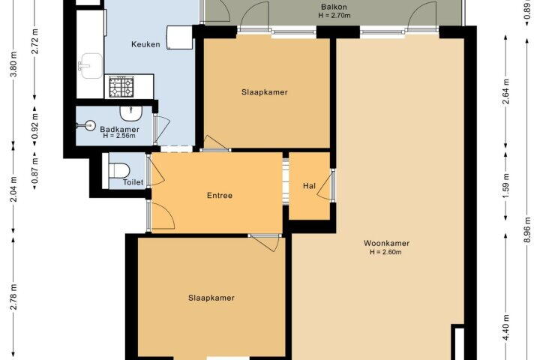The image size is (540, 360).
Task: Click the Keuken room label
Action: (145, 44)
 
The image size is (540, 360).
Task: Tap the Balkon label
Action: (334, 7)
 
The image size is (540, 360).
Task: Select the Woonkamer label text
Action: (386, 243)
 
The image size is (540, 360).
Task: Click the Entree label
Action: (220, 196)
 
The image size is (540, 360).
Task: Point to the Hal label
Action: (309, 186)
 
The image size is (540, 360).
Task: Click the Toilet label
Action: (133, 182)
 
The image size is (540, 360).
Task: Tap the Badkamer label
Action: (119, 130)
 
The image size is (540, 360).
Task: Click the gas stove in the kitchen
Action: (121, 87)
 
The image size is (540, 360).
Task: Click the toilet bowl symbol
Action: (119, 170)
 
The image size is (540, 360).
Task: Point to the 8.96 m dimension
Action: (527, 230)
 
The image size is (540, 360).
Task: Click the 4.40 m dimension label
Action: (505, 327)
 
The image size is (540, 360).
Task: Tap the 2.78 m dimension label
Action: (13, 297)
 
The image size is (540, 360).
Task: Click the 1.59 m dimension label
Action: (505, 186)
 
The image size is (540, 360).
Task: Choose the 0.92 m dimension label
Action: (34, 126)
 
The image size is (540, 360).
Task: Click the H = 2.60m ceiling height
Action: (385, 252)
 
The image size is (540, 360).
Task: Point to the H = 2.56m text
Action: (119, 136)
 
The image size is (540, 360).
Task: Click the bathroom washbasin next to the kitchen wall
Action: (130, 113)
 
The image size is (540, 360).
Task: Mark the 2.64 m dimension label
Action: (505, 91)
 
